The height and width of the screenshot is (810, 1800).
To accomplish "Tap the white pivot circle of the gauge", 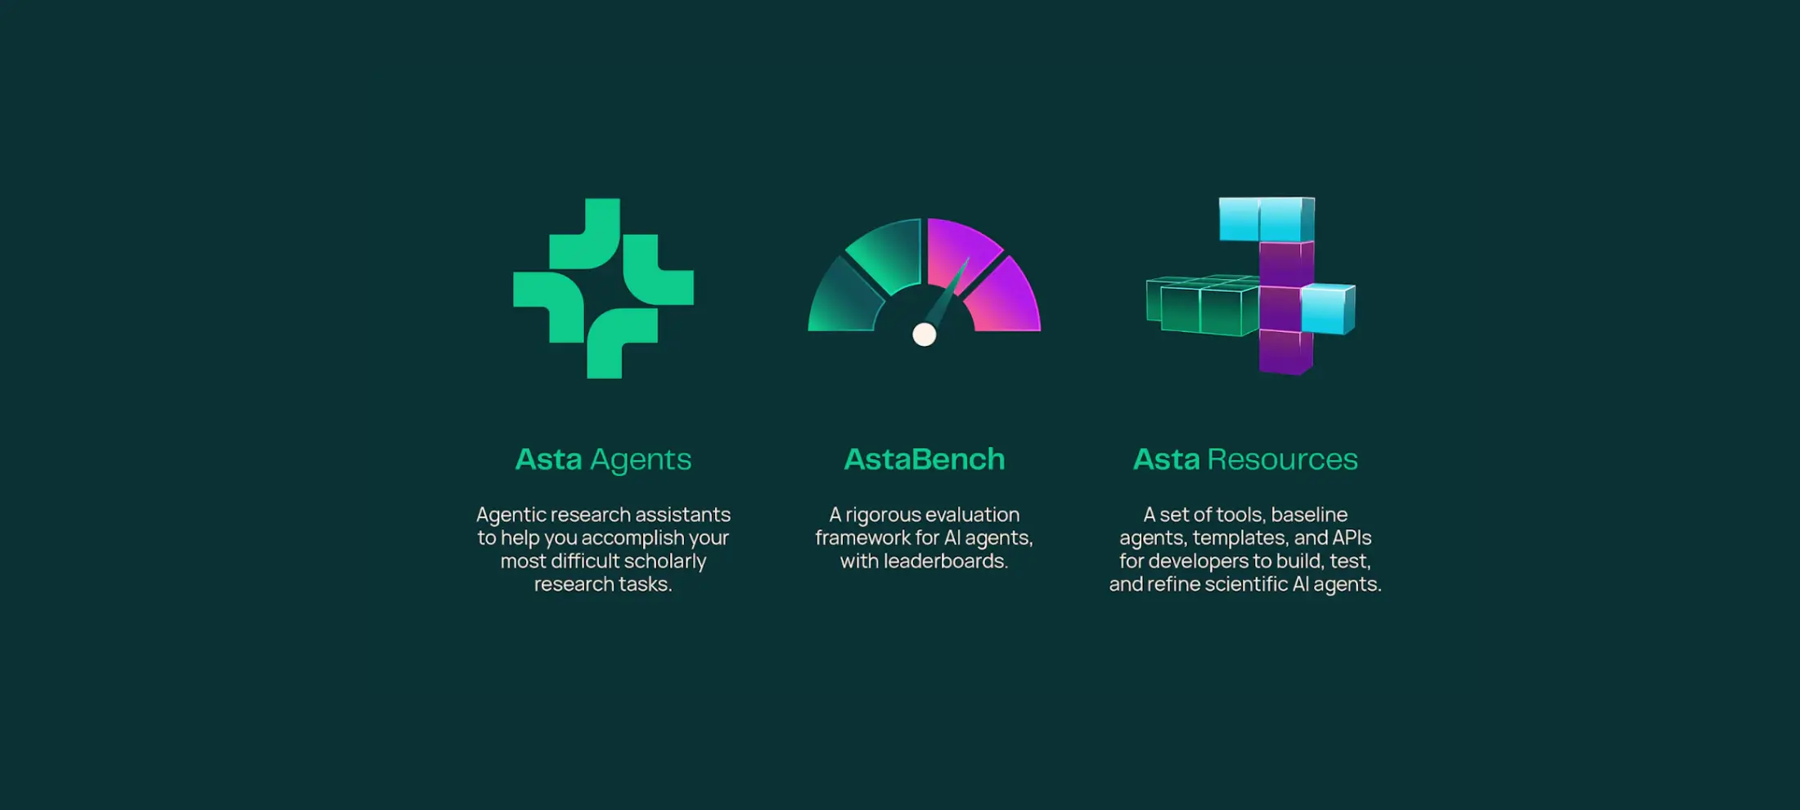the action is [925, 334].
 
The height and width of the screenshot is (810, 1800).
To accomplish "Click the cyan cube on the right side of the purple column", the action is [1328, 308].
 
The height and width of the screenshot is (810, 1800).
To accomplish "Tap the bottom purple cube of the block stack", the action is [1286, 351].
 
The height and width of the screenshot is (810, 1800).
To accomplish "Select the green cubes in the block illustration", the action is [1202, 305].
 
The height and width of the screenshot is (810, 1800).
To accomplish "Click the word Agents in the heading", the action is [641, 461].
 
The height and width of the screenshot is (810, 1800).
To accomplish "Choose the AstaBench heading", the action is [925, 459].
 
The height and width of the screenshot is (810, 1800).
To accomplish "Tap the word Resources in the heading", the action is [1283, 459].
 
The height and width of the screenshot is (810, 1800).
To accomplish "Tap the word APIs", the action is [1352, 538].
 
